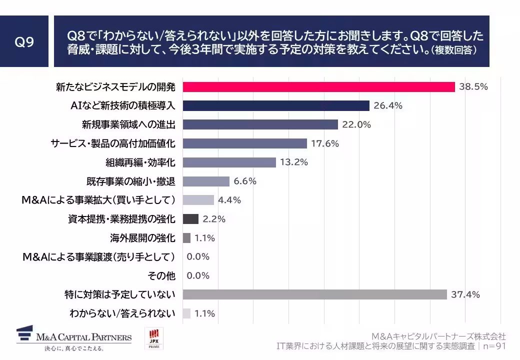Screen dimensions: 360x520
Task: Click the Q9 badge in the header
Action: pos(24,41)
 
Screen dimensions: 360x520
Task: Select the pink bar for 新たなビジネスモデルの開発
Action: pos(318,87)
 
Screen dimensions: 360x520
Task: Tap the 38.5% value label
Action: pos(473,87)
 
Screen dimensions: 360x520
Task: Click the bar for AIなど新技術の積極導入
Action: pos(276,105)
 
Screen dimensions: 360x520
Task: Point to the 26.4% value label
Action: pos(388,105)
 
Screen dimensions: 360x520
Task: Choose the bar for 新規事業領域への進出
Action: pos(260,124)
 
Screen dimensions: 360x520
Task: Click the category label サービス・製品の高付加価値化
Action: pos(113,143)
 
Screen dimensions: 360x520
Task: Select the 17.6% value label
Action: pos(325,143)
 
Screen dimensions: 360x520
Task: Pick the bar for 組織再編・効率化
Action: pos(229,162)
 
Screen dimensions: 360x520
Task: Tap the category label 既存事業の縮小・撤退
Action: pos(131,181)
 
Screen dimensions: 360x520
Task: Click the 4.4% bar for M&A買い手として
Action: pos(198,200)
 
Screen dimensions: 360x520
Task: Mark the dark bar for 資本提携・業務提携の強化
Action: pos(191,219)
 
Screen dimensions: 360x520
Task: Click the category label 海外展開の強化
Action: pos(142,238)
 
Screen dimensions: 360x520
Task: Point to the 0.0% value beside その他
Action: pos(198,275)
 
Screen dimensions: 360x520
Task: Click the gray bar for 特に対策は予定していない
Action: pos(314,294)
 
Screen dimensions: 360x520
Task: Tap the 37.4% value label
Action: pos(465,294)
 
